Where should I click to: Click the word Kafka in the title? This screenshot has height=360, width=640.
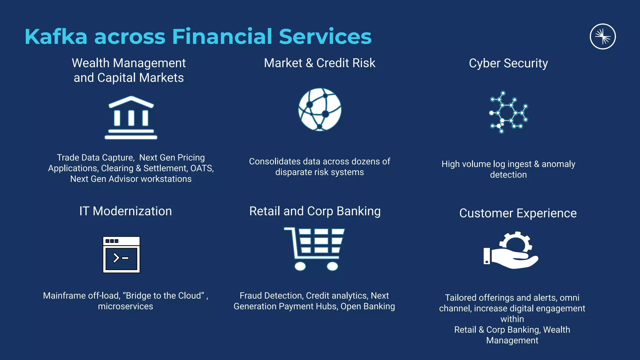point(56,37)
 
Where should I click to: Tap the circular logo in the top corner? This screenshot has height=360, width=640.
point(602,37)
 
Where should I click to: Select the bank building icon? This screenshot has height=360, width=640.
point(131,117)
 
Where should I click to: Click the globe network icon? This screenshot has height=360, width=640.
point(320,109)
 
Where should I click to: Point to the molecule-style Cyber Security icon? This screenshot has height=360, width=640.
point(508,112)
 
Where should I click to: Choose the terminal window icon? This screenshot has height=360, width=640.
point(121,254)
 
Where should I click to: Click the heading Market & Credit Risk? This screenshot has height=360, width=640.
point(319,63)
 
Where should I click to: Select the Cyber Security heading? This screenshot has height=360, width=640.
point(508,63)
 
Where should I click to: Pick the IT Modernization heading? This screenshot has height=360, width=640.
point(125,211)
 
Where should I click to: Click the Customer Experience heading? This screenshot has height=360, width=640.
point(518,213)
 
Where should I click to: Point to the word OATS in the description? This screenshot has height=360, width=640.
point(202,168)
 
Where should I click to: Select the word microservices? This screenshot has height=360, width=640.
point(125,307)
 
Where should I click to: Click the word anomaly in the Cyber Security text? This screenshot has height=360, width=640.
point(558,164)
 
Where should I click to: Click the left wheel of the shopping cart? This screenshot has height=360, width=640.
point(300,266)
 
